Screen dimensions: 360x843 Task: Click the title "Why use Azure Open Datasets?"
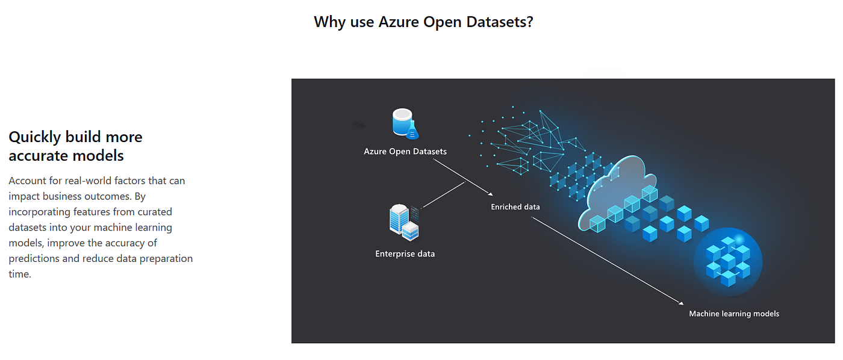pyautogui.click(x=423, y=22)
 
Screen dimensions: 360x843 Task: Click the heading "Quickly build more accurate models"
pyautogui.click(x=75, y=146)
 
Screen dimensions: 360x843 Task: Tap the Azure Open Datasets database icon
pyautogui.click(x=402, y=122)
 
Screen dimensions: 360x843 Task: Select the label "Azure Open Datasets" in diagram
pyautogui.click(x=405, y=151)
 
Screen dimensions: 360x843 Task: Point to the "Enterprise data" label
pyautogui.click(x=405, y=253)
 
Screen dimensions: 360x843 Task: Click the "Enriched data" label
pyautogui.click(x=515, y=206)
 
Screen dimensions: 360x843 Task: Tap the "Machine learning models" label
pyautogui.click(x=734, y=313)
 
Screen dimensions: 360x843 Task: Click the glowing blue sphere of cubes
pyautogui.click(x=727, y=261)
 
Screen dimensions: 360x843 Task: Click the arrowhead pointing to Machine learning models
pyautogui.click(x=683, y=305)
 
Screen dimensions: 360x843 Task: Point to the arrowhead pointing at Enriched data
pyautogui.click(x=491, y=194)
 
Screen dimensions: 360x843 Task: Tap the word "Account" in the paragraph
pyautogui.click(x=27, y=181)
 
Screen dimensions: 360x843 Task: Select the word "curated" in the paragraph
pyautogui.click(x=155, y=212)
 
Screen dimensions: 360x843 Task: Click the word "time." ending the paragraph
pyautogui.click(x=19, y=275)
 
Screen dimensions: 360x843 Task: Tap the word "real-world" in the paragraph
pyautogui.click(x=87, y=181)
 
